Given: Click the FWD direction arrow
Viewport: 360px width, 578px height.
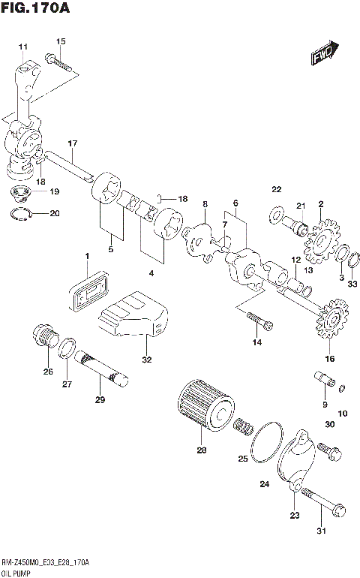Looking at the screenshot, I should [325, 55].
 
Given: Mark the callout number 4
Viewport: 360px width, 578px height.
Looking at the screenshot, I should [151, 273].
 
